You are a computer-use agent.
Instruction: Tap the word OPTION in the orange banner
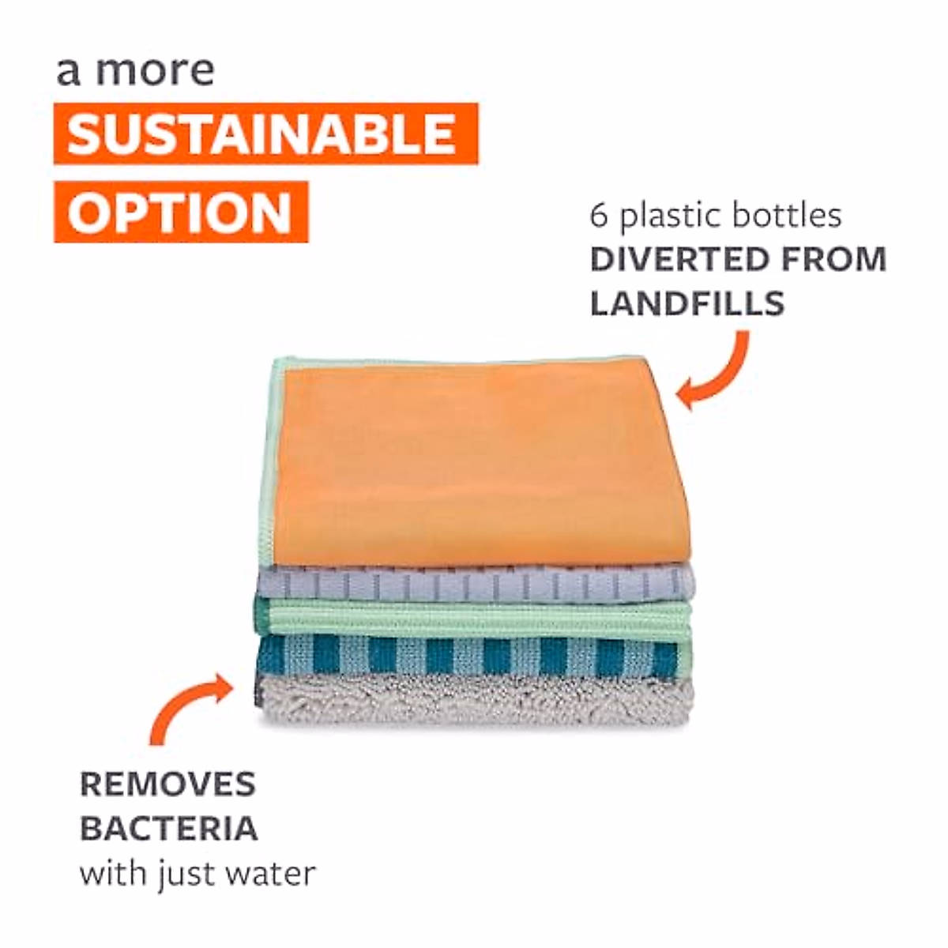point(180,212)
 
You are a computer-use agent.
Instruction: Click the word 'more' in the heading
point(155,71)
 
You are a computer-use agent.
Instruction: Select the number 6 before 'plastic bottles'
point(600,215)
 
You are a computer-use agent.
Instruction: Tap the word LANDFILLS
point(687,303)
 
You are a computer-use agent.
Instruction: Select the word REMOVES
point(167,784)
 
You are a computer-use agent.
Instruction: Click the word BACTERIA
point(169,829)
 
